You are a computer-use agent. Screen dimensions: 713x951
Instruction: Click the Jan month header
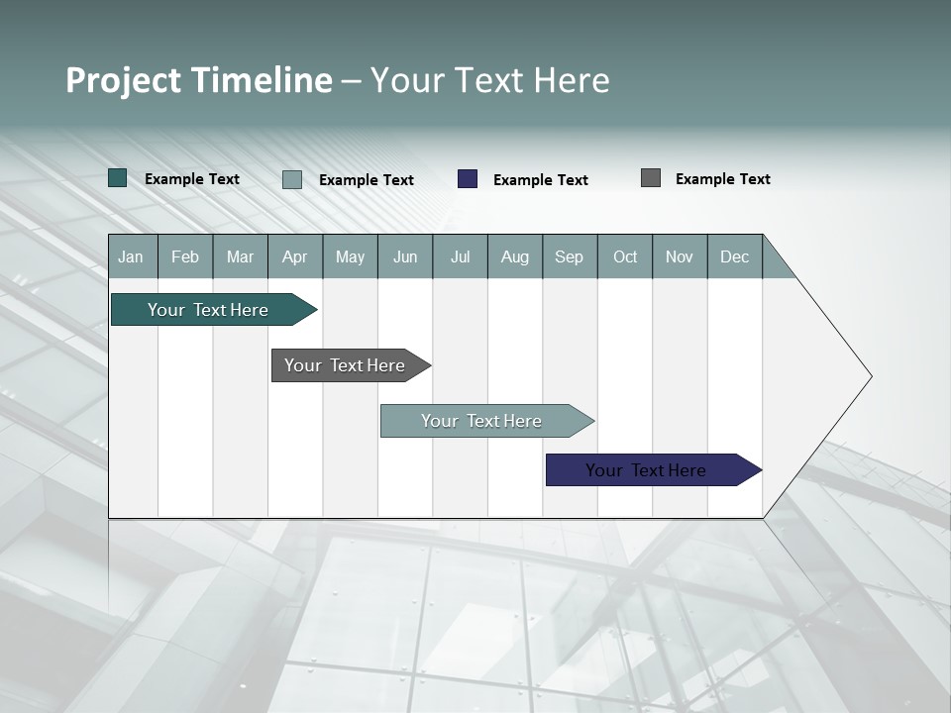(x=131, y=256)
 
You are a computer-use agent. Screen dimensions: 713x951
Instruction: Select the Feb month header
(x=185, y=256)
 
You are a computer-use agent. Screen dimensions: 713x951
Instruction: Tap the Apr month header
(x=294, y=256)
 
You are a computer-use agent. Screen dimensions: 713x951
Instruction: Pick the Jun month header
(x=405, y=256)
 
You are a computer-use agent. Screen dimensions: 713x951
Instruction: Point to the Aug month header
(x=514, y=256)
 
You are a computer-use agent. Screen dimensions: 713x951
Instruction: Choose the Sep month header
(x=569, y=256)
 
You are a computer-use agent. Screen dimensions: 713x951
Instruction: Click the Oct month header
(x=625, y=256)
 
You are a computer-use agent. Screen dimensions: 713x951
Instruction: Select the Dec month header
(x=734, y=256)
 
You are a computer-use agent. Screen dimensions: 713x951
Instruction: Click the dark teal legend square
(x=118, y=178)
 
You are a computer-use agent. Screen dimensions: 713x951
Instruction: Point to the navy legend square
(x=468, y=179)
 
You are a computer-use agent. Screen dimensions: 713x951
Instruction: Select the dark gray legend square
(x=651, y=178)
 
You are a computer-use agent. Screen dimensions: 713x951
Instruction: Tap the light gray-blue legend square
(x=292, y=179)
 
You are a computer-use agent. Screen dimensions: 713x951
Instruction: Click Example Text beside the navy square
(x=541, y=180)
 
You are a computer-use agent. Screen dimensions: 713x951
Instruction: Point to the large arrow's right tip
(x=870, y=376)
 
